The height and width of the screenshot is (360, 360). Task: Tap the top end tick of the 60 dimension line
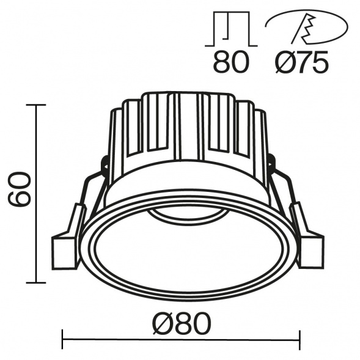[x=37, y=105]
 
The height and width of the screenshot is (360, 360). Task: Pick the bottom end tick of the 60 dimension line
[x=37, y=282]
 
